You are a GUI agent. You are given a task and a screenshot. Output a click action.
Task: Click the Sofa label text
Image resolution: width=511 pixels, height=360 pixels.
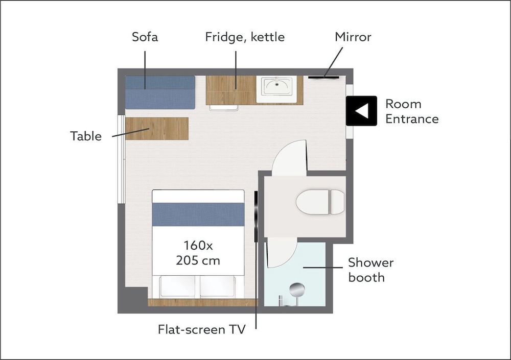[x=145, y=37]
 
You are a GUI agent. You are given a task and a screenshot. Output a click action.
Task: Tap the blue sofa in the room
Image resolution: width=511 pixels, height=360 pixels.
[x=160, y=92]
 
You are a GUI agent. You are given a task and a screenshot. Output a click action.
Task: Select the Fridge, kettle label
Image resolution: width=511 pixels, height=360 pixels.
[x=245, y=37]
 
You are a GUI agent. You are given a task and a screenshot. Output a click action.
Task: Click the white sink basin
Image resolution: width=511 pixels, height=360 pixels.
[x=276, y=86]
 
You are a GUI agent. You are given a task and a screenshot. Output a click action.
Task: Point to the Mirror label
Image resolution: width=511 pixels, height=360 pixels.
[x=353, y=37]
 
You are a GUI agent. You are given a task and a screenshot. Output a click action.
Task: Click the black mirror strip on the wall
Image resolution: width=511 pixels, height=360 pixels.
[x=323, y=77]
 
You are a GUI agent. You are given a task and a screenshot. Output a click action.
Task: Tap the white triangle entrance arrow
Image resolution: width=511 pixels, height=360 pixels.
[x=362, y=111]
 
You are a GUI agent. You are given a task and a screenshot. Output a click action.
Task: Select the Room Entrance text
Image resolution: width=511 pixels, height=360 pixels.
[x=412, y=111]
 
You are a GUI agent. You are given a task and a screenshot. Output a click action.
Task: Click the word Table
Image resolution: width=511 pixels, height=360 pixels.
[x=86, y=136]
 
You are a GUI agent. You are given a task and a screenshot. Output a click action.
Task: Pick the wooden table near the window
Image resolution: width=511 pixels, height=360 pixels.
[x=157, y=129]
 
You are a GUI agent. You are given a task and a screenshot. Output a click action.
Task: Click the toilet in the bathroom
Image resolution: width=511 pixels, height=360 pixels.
[x=320, y=202]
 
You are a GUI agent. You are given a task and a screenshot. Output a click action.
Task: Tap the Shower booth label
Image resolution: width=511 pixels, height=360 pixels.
[x=371, y=270]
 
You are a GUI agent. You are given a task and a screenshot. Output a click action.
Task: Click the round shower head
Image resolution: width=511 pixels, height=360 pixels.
[x=297, y=290]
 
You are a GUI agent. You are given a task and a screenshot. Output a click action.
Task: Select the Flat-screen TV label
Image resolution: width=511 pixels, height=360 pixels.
[x=202, y=329]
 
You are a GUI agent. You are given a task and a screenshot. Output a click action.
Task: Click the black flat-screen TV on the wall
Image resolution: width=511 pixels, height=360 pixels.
[x=256, y=217]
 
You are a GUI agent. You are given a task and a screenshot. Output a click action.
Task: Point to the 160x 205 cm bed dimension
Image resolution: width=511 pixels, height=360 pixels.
[x=198, y=253]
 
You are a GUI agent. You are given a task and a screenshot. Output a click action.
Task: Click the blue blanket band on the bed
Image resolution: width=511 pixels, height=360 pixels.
[x=198, y=214]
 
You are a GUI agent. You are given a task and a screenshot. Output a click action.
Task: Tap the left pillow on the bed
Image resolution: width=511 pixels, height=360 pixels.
[x=178, y=286]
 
